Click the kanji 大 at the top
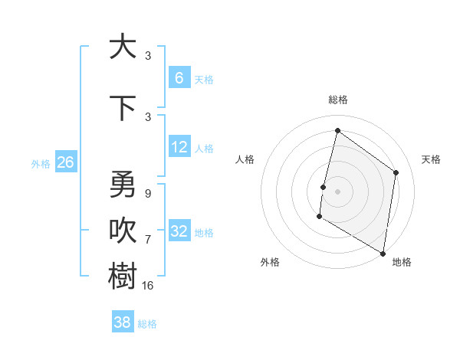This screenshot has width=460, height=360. [122, 46]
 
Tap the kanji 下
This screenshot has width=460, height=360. [122, 107]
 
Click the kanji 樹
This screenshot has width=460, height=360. [122, 276]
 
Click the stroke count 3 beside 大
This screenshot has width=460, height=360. [148, 56]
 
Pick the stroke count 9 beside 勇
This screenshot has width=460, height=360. [148, 194]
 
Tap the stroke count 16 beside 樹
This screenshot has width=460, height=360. [148, 286]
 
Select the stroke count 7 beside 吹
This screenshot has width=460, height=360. [148, 239]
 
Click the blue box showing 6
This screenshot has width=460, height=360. [179, 78]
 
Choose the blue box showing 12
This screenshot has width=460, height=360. [179, 147]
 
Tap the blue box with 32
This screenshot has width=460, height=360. [179, 231]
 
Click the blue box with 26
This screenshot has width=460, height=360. [65, 162]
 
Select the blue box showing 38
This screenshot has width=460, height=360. [122, 322]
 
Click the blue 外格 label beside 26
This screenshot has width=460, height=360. [40, 163]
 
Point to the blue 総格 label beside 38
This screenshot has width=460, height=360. [147, 324]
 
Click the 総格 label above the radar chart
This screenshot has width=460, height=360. [337, 100]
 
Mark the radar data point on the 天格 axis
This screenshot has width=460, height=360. [396, 172]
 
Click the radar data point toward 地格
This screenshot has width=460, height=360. [383, 253]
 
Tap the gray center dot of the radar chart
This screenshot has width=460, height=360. [337, 191]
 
